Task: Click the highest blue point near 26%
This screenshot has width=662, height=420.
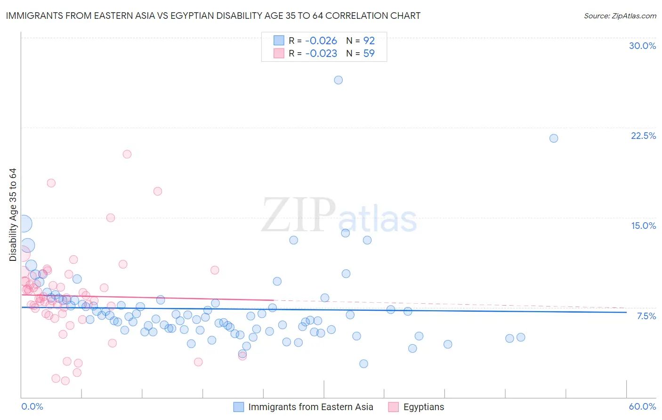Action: tap(338, 80)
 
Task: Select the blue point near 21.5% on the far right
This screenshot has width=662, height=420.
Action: tap(554, 138)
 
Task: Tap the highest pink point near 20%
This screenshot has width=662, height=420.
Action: tap(127, 154)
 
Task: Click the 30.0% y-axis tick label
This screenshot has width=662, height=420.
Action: tap(642, 46)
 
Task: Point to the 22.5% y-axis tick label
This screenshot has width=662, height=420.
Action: tap(643, 136)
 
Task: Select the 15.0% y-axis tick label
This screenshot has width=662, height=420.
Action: tap(643, 226)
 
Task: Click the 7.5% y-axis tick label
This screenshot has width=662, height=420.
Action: tap(646, 316)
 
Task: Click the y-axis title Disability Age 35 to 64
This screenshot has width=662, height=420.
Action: tap(13, 215)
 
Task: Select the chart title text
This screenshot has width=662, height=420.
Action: tap(213, 16)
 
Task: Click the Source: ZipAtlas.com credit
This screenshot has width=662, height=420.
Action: tap(620, 16)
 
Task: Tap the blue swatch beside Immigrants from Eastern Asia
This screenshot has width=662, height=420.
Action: tap(239, 407)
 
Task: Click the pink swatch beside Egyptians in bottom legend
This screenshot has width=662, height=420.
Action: tap(394, 407)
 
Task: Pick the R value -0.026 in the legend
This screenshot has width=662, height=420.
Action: tap(321, 41)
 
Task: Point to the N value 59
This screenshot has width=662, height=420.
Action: tap(369, 54)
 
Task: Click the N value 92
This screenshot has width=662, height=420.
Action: tap(369, 41)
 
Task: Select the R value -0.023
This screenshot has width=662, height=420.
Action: tap(321, 54)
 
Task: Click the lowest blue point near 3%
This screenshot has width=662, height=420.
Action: tap(363, 364)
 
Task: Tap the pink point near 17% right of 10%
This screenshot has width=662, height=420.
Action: tap(158, 191)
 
